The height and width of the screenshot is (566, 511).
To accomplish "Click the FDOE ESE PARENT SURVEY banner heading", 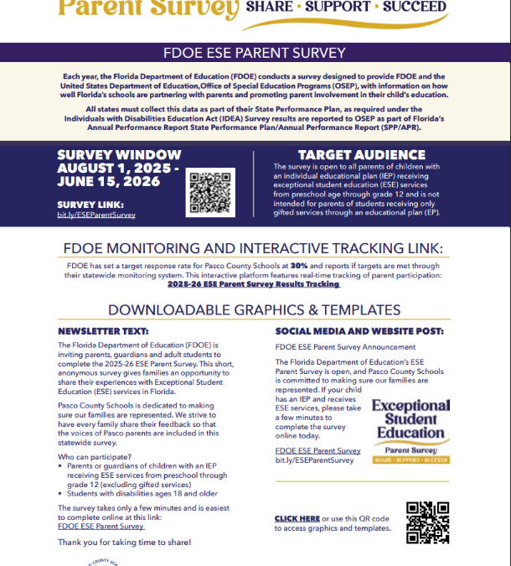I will [x=255, y=53].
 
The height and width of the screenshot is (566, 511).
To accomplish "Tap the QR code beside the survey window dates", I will [x=209, y=192].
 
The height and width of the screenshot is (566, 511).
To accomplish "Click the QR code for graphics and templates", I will [x=427, y=522].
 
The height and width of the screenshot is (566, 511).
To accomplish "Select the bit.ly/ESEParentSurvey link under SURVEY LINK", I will [x=96, y=215].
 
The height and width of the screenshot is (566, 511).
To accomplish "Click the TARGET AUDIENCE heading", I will [x=361, y=155].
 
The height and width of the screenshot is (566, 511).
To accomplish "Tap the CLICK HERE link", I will [x=297, y=519].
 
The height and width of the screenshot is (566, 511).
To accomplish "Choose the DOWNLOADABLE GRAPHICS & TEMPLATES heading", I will [x=255, y=309].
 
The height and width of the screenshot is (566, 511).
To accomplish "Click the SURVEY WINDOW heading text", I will [x=118, y=155].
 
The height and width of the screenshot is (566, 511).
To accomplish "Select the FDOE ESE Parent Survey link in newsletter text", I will [x=101, y=526].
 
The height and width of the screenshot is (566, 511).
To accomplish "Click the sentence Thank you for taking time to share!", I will [x=124, y=543].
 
